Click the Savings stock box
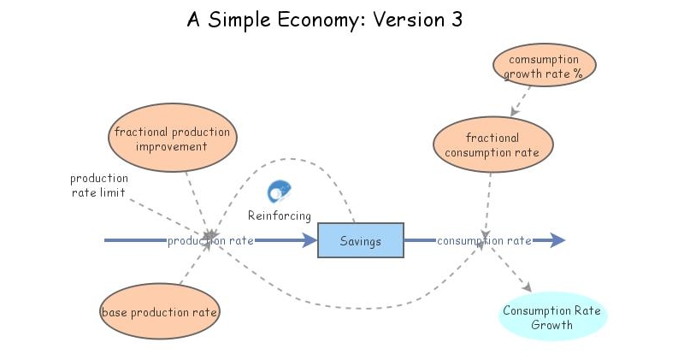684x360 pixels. click(x=360, y=240)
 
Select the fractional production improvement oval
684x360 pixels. click(x=172, y=139)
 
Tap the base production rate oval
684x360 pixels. click(x=160, y=312)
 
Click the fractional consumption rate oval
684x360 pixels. click(x=492, y=145)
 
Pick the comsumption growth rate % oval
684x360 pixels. click(x=544, y=67)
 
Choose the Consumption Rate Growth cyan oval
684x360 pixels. click(x=551, y=317)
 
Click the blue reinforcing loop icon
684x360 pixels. click(x=280, y=192)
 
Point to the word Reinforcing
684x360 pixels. click(x=280, y=215)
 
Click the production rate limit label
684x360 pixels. click(x=98, y=186)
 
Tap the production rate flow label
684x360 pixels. click(x=210, y=241)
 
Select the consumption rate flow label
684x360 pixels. click(x=484, y=241)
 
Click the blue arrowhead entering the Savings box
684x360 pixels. click(x=309, y=240)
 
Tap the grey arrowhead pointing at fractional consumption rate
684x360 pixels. click(x=514, y=113)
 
